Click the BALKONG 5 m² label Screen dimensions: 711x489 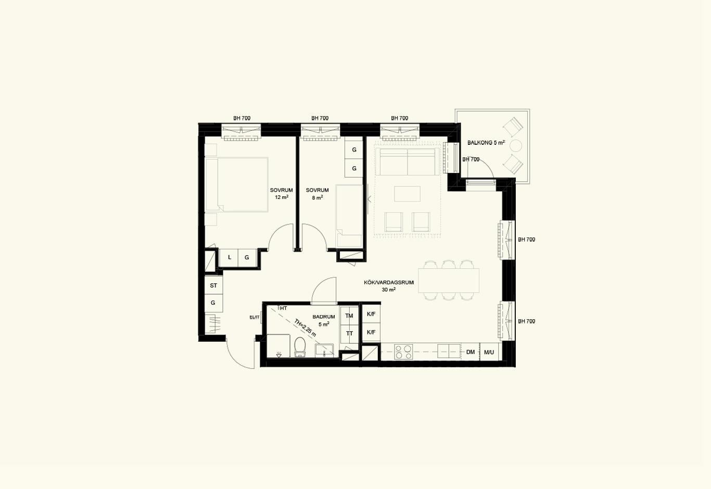point(486,143)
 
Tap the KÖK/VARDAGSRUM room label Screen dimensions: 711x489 point(389,282)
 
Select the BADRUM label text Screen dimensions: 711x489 point(324,317)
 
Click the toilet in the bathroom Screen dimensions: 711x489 point(300,347)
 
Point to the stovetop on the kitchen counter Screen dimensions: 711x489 point(403,352)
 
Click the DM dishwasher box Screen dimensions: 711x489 point(471,352)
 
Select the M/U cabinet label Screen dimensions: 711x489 point(489,352)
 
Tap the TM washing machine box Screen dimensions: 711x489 point(349,316)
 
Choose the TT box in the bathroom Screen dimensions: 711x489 point(349,334)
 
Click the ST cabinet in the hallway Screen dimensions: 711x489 point(213,285)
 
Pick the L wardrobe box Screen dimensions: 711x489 point(229,257)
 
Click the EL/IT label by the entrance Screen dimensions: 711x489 point(255,317)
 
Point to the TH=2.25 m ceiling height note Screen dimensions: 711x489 point(305,328)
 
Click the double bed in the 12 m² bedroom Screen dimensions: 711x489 point(237,184)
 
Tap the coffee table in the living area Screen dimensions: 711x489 point(407,194)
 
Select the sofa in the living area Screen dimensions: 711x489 point(408,161)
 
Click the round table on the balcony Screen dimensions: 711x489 point(516,146)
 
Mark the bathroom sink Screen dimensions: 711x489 point(324,350)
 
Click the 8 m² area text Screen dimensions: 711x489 point(318,197)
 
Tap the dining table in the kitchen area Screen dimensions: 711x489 point(449,280)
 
